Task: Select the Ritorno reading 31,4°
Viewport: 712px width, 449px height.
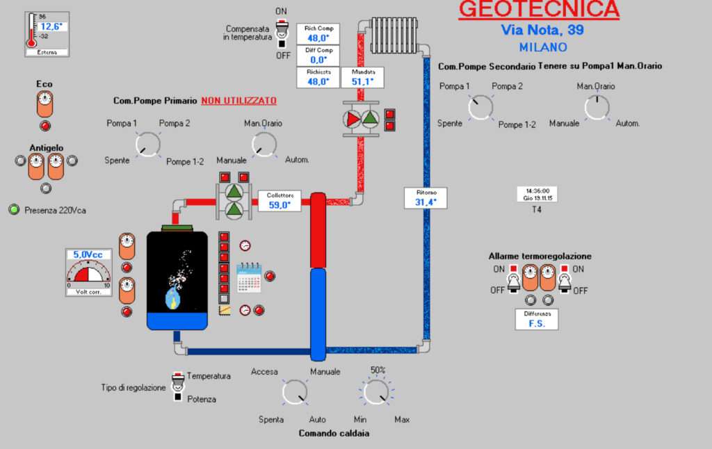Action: pos(425,202)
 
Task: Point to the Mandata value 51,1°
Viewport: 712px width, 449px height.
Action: pos(362,81)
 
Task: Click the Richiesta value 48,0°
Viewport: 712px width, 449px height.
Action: pos(318,81)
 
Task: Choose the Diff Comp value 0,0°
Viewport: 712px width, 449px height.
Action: pos(318,60)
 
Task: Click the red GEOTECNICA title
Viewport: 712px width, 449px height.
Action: pos(538,10)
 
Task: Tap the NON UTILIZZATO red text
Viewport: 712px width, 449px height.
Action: pos(238,101)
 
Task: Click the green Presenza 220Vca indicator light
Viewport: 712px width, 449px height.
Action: pos(14,209)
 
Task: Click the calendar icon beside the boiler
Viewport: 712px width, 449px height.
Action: pos(248,277)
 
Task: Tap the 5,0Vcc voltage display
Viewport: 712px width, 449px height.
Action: pos(88,255)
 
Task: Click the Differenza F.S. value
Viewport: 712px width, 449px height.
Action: pos(537,323)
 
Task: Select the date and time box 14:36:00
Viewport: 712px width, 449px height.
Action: pos(538,194)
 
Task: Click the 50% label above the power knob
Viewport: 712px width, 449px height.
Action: pos(378,370)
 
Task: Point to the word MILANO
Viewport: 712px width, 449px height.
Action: pos(542,48)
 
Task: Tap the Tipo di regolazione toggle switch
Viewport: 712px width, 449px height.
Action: pos(178,386)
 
